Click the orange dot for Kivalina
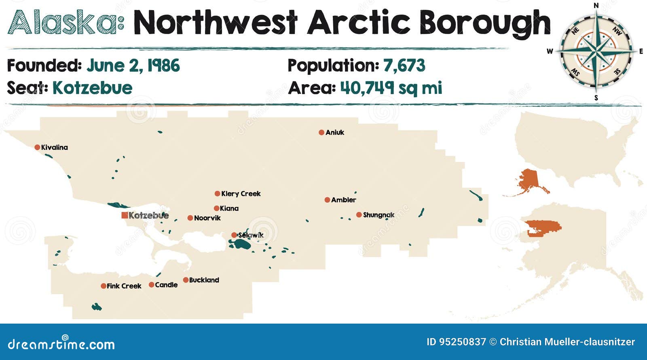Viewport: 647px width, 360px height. (37, 147)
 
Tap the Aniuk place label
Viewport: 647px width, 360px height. (335, 132)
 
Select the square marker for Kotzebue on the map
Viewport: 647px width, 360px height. (125, 215)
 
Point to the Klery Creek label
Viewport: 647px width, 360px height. (241, 194)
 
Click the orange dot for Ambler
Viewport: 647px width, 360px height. (327, 200)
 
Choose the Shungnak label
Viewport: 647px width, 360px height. (378, 215)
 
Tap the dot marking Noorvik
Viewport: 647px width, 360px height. (190, 218)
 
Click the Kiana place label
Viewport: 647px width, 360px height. (229, 208)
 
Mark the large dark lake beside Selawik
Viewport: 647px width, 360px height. (242, 244)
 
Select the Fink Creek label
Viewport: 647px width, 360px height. (124, 286)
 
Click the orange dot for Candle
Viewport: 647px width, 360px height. (151, 285)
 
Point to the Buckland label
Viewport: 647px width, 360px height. (204, 280)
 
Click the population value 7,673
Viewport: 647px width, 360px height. (404, 66)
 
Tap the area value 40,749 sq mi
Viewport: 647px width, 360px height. (391, 87)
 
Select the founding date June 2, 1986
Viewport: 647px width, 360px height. (133, 66)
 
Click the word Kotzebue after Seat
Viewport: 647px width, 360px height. (93, 88)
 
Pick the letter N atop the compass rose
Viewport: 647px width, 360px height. (596, 5)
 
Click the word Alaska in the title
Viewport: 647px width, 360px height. (65, 22)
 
